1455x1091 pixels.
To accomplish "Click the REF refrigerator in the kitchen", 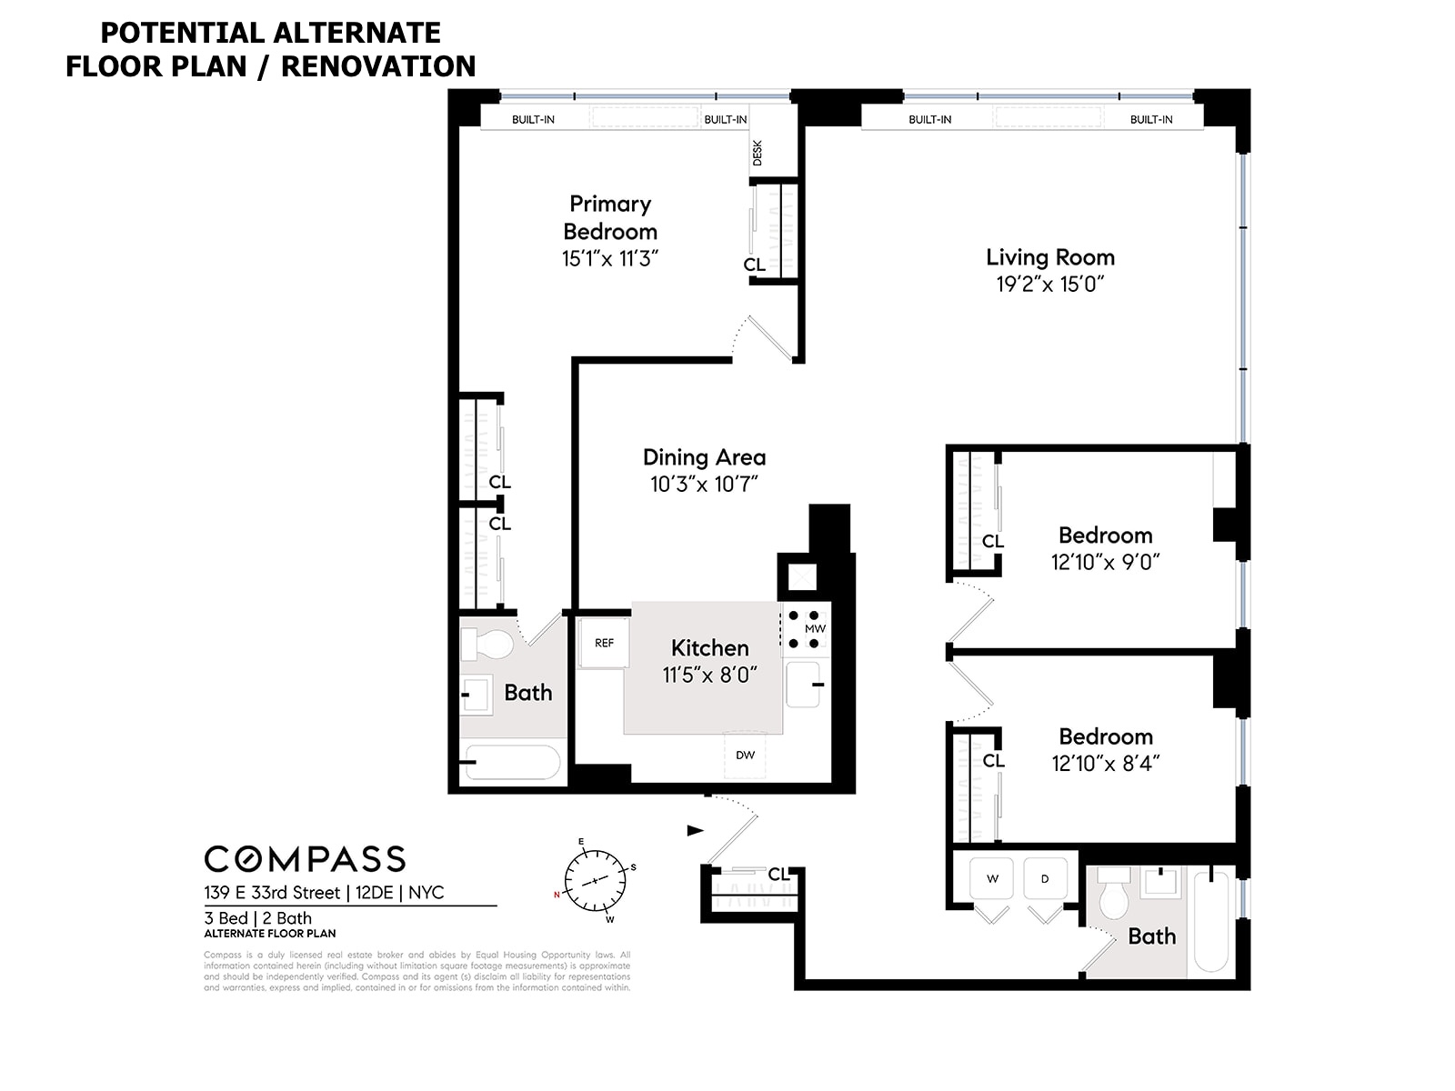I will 605,644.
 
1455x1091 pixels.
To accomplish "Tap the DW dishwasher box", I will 745,755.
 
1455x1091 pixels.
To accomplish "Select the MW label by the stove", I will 815,629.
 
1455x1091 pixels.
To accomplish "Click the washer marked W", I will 993,878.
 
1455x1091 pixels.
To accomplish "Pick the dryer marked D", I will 1045,878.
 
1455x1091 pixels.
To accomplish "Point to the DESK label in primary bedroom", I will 758,153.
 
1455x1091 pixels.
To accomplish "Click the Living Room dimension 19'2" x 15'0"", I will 1050,285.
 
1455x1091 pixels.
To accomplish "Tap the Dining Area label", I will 704,457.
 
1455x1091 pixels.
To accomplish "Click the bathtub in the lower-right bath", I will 1211,922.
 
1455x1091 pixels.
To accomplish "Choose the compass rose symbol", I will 596,880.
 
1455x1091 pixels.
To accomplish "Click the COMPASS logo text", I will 305,859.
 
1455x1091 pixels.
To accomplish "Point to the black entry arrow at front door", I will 695,830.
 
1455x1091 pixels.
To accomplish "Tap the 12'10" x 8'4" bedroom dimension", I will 1105,764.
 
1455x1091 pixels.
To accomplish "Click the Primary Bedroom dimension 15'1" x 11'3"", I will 609,259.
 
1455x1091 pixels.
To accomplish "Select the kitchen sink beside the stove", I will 805,685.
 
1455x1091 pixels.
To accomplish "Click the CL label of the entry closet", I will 778,874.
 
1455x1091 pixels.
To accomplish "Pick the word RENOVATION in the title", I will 378,66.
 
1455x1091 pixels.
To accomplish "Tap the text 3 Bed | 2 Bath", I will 258,918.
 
